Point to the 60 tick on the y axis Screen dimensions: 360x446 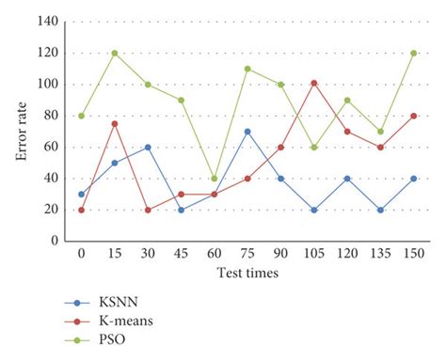[x=52, y=147]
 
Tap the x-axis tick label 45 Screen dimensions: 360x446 [x=182, y=254]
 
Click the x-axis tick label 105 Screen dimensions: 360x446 [x=313, y=254]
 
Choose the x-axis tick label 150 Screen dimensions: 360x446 [x=413, y=254]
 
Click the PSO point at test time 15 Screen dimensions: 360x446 [x=115, y=53]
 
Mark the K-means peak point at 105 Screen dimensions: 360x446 [x=313, y=83]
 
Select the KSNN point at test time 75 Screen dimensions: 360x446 [x=247, y=131]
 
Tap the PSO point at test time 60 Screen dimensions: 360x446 [x=215, y=178]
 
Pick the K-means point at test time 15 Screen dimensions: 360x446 [x=115, y=123]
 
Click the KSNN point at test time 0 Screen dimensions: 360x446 [x=82, y=194]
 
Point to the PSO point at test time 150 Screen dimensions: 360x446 [x=413, y=53]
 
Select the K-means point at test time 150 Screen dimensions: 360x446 [x=413, y=116]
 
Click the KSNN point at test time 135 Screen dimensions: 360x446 [x=380, y=210]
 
